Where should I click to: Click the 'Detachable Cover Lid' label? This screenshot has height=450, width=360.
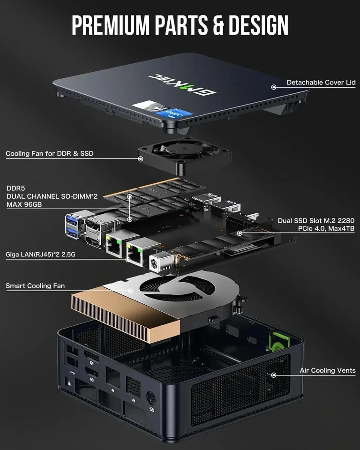point(321,82)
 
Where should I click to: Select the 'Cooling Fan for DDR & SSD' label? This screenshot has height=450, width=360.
point(49,153)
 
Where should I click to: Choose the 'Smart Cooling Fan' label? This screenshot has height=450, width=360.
point(35,285)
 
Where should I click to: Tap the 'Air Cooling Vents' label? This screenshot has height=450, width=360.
point(327,370)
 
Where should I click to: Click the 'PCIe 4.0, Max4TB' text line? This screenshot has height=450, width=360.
point(326,228)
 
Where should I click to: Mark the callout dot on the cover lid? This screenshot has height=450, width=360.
point(273,87)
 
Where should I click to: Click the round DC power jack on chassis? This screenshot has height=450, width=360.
point(151,397)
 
